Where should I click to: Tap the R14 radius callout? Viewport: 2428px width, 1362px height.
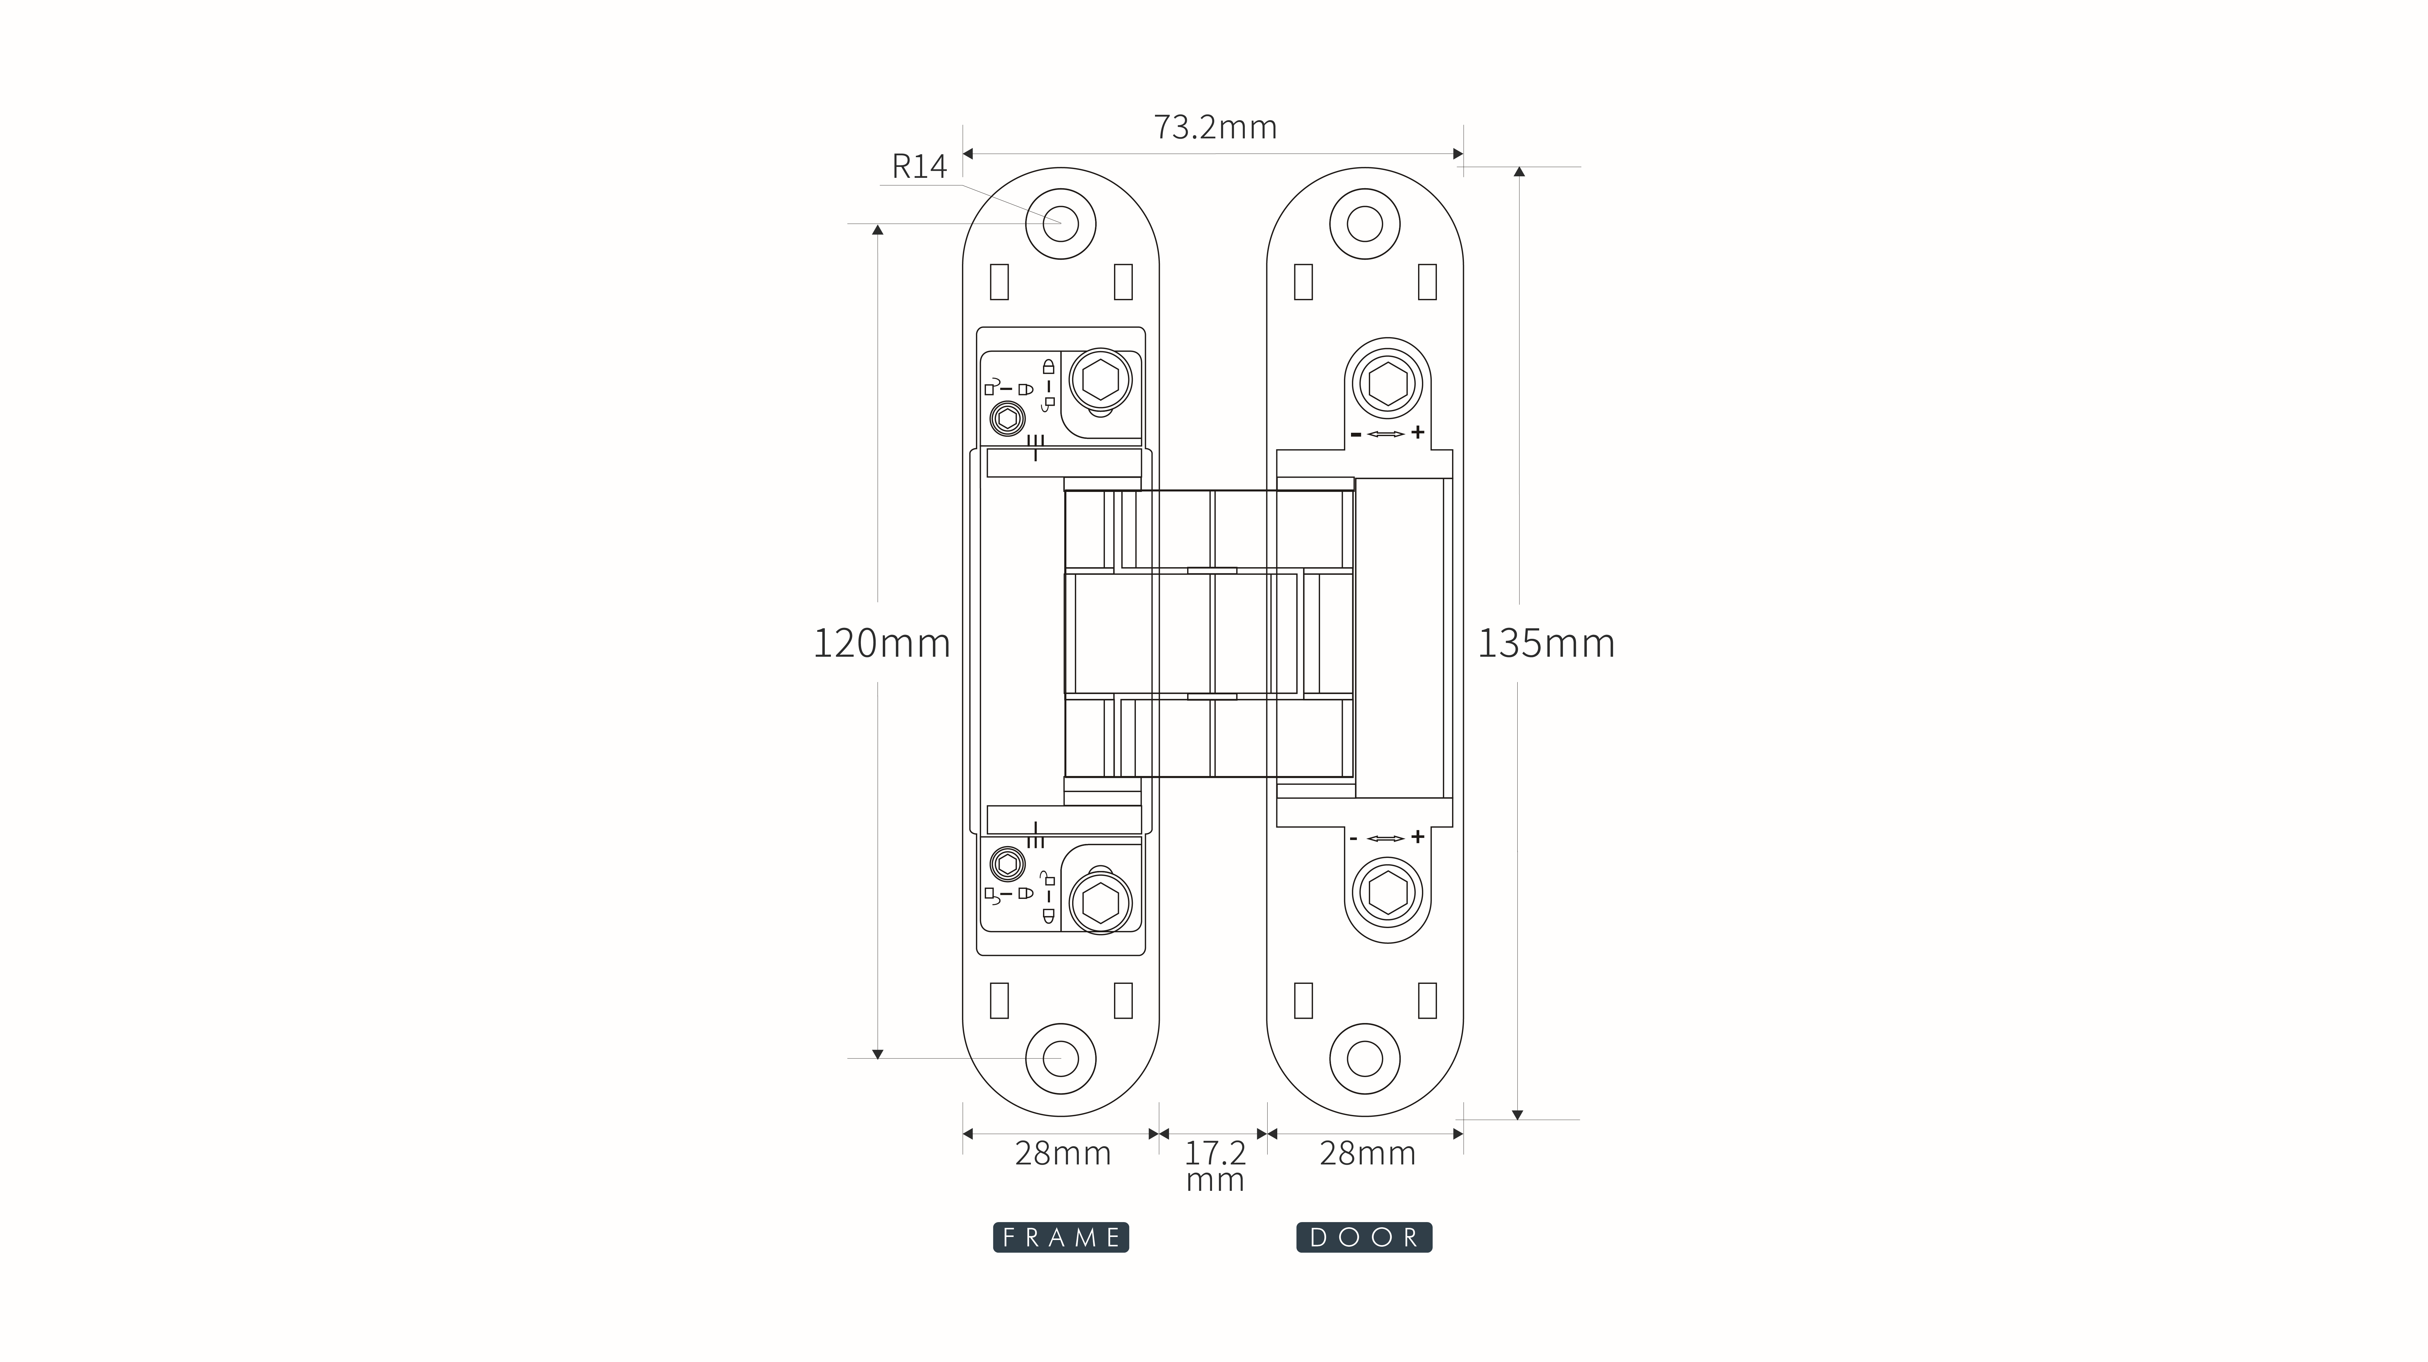(x=919, y=167)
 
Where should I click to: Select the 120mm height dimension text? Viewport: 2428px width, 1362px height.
(x=881, y=643)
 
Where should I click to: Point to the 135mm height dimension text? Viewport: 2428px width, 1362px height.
(x=1546, y=643)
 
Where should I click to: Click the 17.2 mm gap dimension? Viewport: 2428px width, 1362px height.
(x=1215, y=1166)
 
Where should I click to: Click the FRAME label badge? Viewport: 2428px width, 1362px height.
(x=1061, y=1238)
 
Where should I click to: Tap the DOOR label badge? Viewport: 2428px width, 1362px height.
(x=1365, y=1238)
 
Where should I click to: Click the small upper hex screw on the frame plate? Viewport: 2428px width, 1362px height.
(x=1007, y=418)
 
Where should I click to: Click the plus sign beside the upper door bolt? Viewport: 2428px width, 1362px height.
(x=1417, y=433)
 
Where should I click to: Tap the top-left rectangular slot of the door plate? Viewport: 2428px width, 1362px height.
(x=1304, y=282)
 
